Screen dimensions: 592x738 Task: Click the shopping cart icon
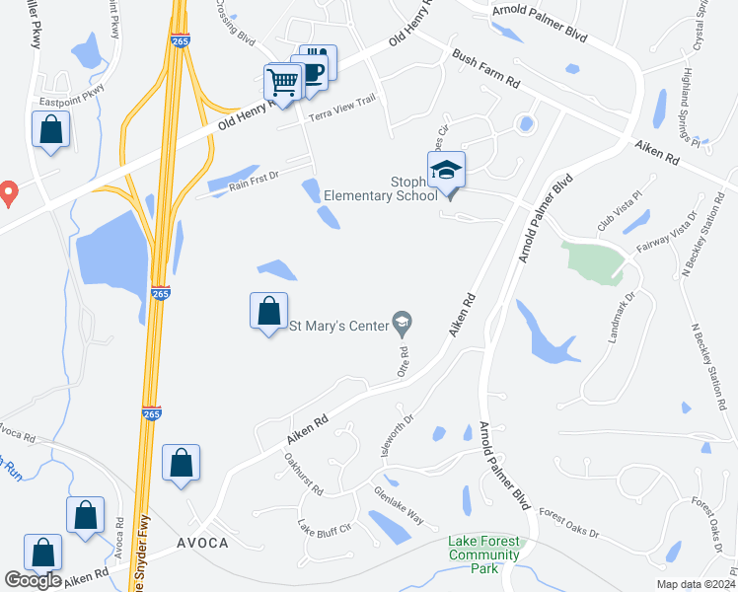283,81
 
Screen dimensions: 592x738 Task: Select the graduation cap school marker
446,170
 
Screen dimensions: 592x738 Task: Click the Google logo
33,580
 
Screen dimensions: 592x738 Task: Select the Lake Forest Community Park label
483,548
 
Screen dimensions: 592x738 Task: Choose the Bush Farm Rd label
486,70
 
